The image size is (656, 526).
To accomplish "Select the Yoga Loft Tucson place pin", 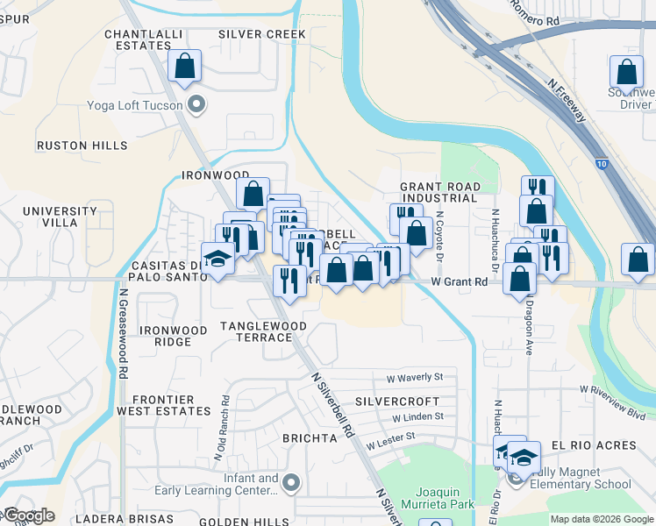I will click(x=197, y=106).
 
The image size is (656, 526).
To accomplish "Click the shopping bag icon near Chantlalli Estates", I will click(x=185, y=66).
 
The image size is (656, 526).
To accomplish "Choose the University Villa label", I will click(x=60, y=217).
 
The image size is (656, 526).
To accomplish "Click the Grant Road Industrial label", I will click(x=439, y=192).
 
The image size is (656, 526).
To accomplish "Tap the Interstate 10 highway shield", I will click(x=600, y=163).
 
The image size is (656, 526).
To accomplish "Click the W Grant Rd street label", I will click(x=460, y=282).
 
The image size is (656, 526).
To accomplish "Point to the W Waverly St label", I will click(x=414, y=377).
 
